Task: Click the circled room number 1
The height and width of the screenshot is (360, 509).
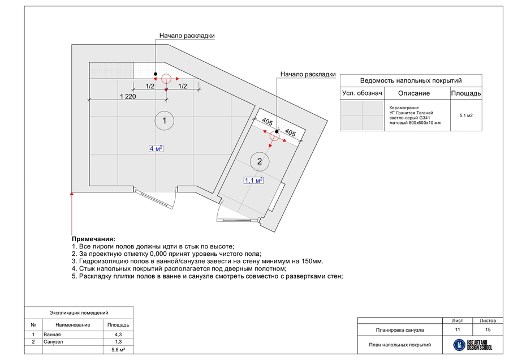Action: (164, 121)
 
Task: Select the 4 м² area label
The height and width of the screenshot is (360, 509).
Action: (156, 148)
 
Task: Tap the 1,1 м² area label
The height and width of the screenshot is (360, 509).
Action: (253, 181)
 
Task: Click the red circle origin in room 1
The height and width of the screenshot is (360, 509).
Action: (166, 79)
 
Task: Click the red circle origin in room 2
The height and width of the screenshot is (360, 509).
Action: (274, 136)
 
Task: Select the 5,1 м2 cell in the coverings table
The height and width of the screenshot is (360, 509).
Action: (466, 115)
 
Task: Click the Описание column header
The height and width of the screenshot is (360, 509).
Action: (413, 93)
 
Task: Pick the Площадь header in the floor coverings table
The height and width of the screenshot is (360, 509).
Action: (466, 93)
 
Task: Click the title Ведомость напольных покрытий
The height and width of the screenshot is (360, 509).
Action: (411, 80)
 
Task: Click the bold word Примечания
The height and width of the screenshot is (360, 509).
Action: (94, 239)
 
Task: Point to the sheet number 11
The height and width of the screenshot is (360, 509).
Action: (457, 329)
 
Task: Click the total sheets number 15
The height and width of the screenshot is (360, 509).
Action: (487, 329)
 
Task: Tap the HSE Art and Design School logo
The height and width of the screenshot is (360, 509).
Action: (473, 344)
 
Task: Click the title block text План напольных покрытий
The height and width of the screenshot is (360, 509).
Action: (400, 345)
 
